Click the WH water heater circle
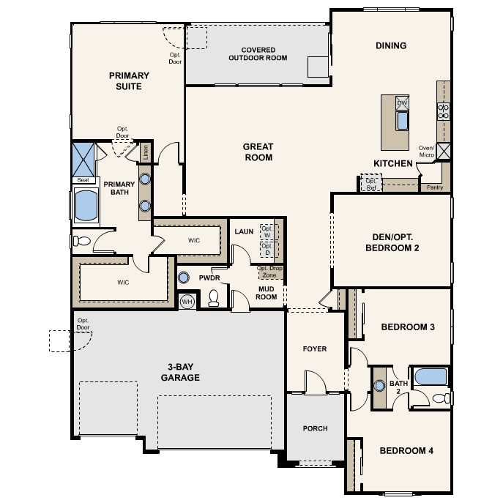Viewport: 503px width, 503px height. [x=187, y=302]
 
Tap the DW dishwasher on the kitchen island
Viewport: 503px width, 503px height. [x=402, y=103]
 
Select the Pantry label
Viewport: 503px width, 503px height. [x=435, y=187]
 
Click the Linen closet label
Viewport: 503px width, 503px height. [x=146, y=152]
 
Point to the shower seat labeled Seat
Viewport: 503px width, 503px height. [x=83, y=180]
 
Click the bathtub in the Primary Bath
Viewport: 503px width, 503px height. [x=86, y=205]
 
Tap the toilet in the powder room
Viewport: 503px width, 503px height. [x=214, y=298]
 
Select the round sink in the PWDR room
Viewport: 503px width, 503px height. [x=183, y=277]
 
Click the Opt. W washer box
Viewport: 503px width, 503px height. [x=267, y=231]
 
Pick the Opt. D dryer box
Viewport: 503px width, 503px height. [x=267, y=249]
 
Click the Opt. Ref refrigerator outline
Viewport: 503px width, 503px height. [x=371, y=182]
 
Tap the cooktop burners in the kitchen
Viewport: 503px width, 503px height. [x=444, y=111]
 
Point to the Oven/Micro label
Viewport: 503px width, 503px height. [x=426, y=152]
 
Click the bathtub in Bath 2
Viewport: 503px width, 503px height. [x=431, y=376]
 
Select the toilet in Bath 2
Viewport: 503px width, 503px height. [x=441, y=398]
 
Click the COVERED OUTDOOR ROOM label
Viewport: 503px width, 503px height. [x=258, y=54]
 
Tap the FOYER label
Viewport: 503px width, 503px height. [x=315, y=349]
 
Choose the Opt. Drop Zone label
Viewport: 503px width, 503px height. [x=269, y=272]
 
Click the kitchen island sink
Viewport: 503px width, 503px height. [x=402, y=121]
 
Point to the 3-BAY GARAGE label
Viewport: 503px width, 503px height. [x=180, y=372]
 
